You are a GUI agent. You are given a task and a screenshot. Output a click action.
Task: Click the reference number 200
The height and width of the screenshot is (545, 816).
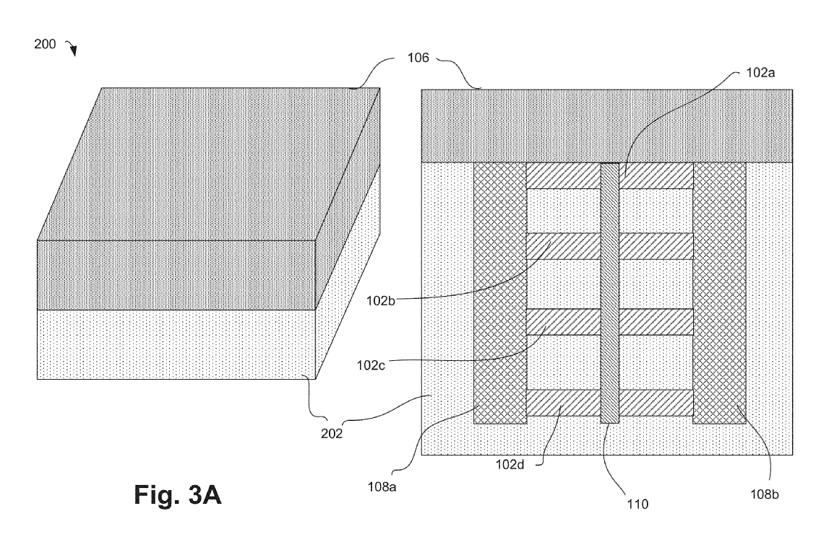coord(45,43)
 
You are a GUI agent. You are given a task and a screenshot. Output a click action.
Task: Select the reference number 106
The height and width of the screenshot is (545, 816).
coord(417,58)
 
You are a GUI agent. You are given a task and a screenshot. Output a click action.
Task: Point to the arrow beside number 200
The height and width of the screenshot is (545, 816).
coord(71,49)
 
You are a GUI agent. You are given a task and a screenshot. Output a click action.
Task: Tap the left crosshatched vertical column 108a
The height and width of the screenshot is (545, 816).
coord(499,292)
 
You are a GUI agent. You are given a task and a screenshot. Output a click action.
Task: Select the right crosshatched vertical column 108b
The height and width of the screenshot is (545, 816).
coord(719,292)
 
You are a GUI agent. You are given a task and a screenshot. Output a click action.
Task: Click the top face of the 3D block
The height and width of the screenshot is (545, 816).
coord(210,162)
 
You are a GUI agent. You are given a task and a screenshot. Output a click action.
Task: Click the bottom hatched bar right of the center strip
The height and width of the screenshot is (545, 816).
coord(656,403)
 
